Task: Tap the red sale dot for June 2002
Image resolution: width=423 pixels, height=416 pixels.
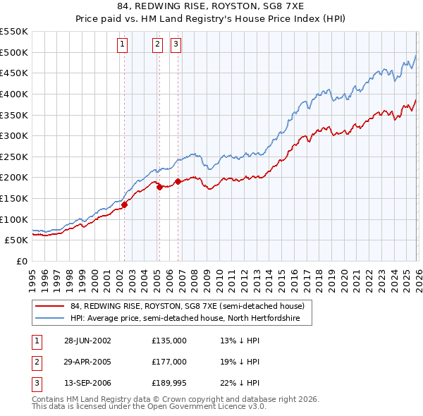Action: (x=124, y=204)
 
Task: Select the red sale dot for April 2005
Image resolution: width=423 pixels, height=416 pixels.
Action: (x=159, y=187)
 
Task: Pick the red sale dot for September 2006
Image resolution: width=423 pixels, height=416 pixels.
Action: (x=178, y=181)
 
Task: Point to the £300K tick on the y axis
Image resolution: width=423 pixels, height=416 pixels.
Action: (x=14, y=135)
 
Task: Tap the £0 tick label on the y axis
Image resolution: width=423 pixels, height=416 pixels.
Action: (x=21, y=261)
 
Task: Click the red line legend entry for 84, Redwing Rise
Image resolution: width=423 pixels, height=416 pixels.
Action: (x=187, y=307)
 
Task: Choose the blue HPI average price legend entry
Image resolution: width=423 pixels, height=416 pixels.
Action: (x=185, y=319)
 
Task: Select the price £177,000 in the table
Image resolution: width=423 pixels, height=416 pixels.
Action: (x=169, y=362)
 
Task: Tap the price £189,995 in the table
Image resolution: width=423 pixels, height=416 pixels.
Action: (x=169, y=384)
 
